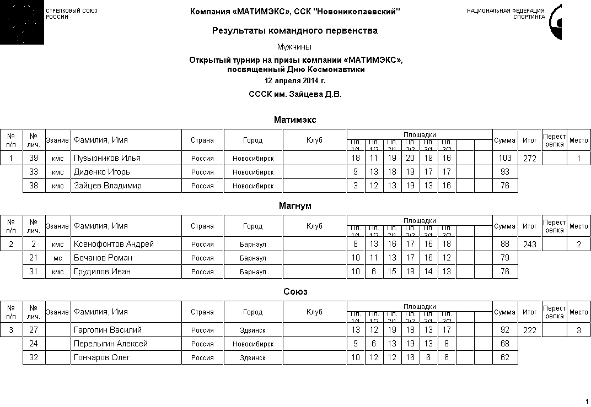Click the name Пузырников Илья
(107, 158)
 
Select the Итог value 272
(529, 159)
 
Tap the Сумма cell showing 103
(504, 159)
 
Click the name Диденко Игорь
(102, 172)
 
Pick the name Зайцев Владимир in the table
(108, 186)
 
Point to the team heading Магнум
(295, 205)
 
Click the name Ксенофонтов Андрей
(114, 244)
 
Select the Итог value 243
(529, 245)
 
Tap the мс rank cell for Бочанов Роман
(58, 258)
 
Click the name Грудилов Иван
(102, 272)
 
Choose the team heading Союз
(295, 291)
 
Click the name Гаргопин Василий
(108, 330)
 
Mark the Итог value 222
(529, 330)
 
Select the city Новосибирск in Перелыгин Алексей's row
(253, 344)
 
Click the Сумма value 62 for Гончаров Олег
(504, 357)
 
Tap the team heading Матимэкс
(295, 120)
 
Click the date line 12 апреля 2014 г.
(295, 81)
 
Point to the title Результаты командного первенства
(295, 31)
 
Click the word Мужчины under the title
(295, 47)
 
